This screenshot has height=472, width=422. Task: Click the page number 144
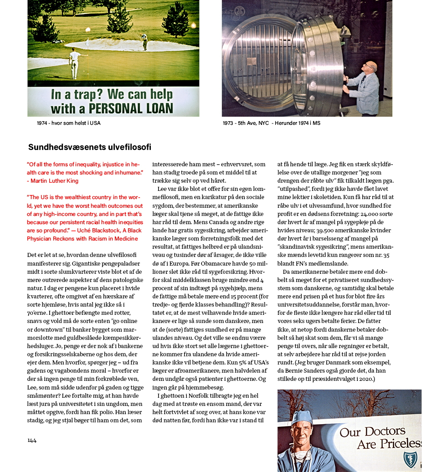32,440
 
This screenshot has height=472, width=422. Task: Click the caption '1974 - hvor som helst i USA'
69,123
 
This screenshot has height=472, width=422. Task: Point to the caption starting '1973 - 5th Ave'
271,123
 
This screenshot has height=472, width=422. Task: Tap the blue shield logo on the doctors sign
411,459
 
